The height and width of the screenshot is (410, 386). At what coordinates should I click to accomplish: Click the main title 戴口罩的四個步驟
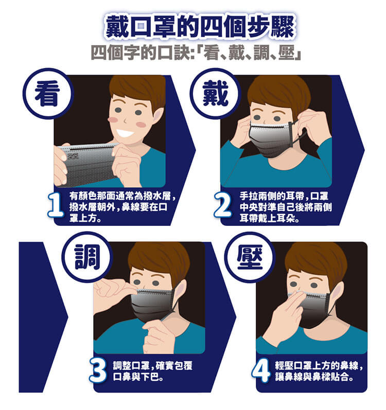click(200, 26)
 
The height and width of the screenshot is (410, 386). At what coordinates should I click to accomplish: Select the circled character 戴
click(215, 93)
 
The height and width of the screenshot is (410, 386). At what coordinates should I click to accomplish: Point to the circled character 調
click(87, 257)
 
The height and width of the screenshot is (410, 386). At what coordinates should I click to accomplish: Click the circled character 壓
click(250, 257)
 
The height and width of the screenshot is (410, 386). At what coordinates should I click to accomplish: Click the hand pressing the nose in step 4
click(281, 318)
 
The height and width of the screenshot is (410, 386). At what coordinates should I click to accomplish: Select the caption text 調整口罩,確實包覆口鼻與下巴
click(152, 371)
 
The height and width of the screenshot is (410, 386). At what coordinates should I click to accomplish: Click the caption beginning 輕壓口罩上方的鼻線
click(319, 371)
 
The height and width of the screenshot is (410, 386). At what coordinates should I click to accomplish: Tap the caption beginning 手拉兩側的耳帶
click(286, 207)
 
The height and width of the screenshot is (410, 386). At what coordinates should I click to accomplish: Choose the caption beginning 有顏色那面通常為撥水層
click(122, 207)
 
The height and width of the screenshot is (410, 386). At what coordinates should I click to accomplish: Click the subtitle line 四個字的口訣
click(196, 52)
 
